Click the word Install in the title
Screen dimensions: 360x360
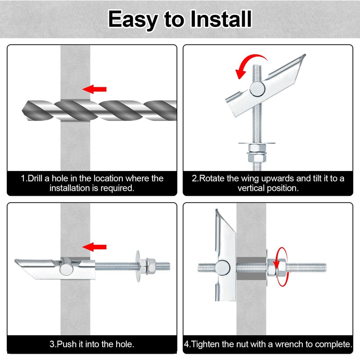coord(221,19)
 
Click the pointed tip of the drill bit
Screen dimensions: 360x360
coord(22,111)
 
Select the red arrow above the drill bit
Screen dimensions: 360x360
coord(94,89)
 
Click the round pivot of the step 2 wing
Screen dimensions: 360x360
coord(257,89)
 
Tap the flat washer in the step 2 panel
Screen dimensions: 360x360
coord(256,143)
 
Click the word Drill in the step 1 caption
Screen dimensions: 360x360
coord(36,178)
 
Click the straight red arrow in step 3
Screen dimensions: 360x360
coord(94,247)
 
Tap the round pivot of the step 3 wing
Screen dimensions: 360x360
coord(67,269)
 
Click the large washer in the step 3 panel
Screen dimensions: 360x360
coord(138,266)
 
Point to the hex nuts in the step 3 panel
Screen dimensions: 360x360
coord(148,266)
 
